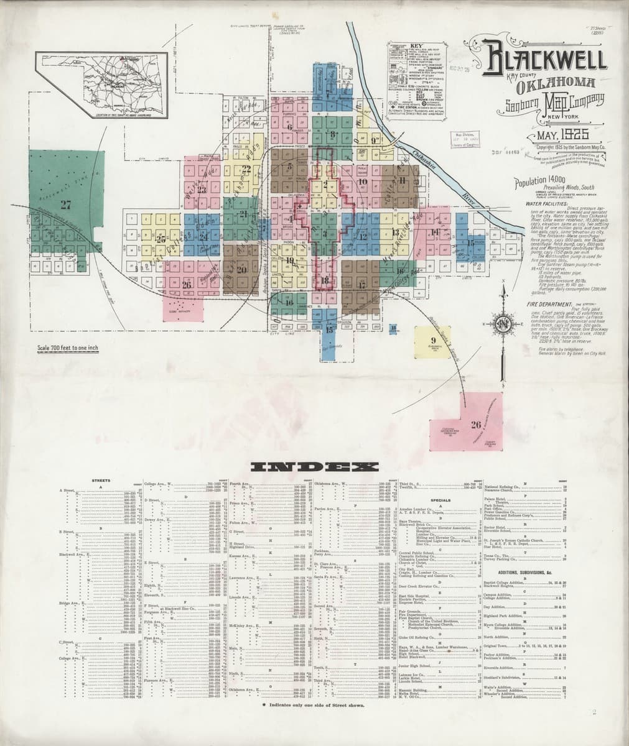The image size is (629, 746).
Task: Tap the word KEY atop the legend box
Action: click(x=414, y=47)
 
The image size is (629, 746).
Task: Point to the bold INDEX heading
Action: click(x=314, y=467)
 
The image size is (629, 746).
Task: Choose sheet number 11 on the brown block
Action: click(x=403, y=180)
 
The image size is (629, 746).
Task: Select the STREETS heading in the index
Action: click(x=101, y=481)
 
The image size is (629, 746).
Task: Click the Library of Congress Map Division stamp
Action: click(x=465, y=139)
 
